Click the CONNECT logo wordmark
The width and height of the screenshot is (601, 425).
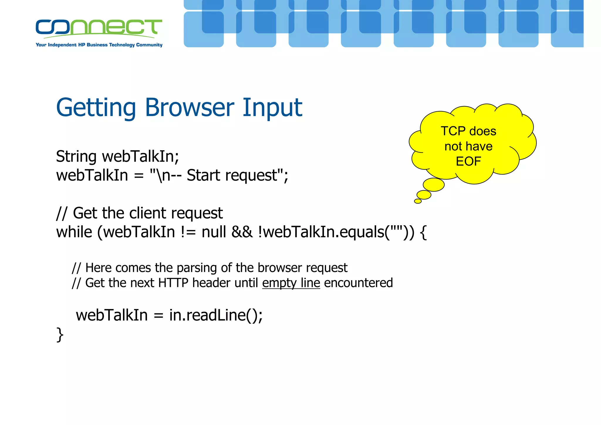pyautogui.click(x=99, y=27)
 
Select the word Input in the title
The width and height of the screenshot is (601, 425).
pyautogui.click(x=272, y=108)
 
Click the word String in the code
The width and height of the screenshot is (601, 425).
pyautogui.click(x=76, y=157)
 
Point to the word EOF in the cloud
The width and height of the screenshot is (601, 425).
pyautogui.click(x=468, y=161)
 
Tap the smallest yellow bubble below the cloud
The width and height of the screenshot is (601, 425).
pyautogui.click(x=418, y=201)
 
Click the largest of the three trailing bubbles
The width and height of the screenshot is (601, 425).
pyautogui.click(x=433, y=185)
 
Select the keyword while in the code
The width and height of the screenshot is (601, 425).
pyautogui.click(x=74, y=232)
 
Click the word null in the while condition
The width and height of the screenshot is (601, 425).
pyautogui.click(x=214, y=232)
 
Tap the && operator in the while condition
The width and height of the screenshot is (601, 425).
pyautogui.click(x=242, y=232)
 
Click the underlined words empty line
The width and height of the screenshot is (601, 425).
pyautogui.click(x=291, y=283)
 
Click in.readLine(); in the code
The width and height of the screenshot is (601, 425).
pyautogui.click(x=216, y=315)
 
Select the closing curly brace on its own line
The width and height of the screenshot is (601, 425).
pyautogui.click(x=60, y=335)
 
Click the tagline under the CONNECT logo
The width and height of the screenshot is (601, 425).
pyautogui.click(x=99, y=45)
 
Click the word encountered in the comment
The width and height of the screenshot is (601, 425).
pyautogui.click(x=358, y=283)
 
